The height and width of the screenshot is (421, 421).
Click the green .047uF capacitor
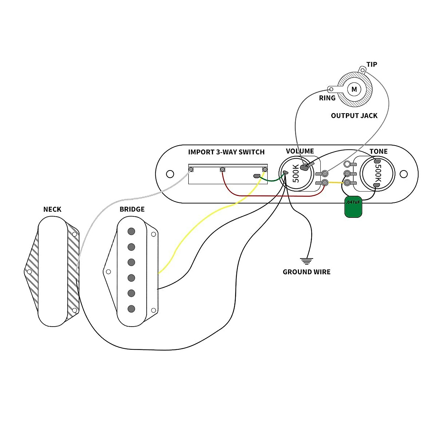pos(353,207)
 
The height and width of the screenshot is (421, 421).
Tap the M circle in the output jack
pos(354,89)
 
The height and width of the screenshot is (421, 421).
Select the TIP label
pos(372,65)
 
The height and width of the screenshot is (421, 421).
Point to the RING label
pos(327,98)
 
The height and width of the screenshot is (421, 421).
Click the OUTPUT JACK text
pos(354,116)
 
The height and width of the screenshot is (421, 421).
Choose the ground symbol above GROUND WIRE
pos(306,261)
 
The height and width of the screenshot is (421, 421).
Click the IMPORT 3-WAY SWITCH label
pos(226,152)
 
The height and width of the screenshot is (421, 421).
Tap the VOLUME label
pos(300,151)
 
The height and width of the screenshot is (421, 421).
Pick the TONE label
pos(379,152)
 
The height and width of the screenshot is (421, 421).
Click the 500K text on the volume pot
pos(296,173)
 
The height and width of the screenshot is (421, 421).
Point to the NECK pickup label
pos(52,209)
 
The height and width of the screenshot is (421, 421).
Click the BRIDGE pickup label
pos(132,209)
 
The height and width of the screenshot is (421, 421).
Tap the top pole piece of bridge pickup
pos(131,231)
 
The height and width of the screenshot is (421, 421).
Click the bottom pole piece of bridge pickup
pos(131,309)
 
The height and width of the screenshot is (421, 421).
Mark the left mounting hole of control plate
pos(170,174)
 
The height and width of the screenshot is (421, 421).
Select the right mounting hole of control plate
pos(404,174)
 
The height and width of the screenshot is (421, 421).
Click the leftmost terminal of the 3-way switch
pos(191,169)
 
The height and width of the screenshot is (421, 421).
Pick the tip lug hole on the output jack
pos(362,70)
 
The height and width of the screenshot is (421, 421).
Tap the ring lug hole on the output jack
pos(331,89)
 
